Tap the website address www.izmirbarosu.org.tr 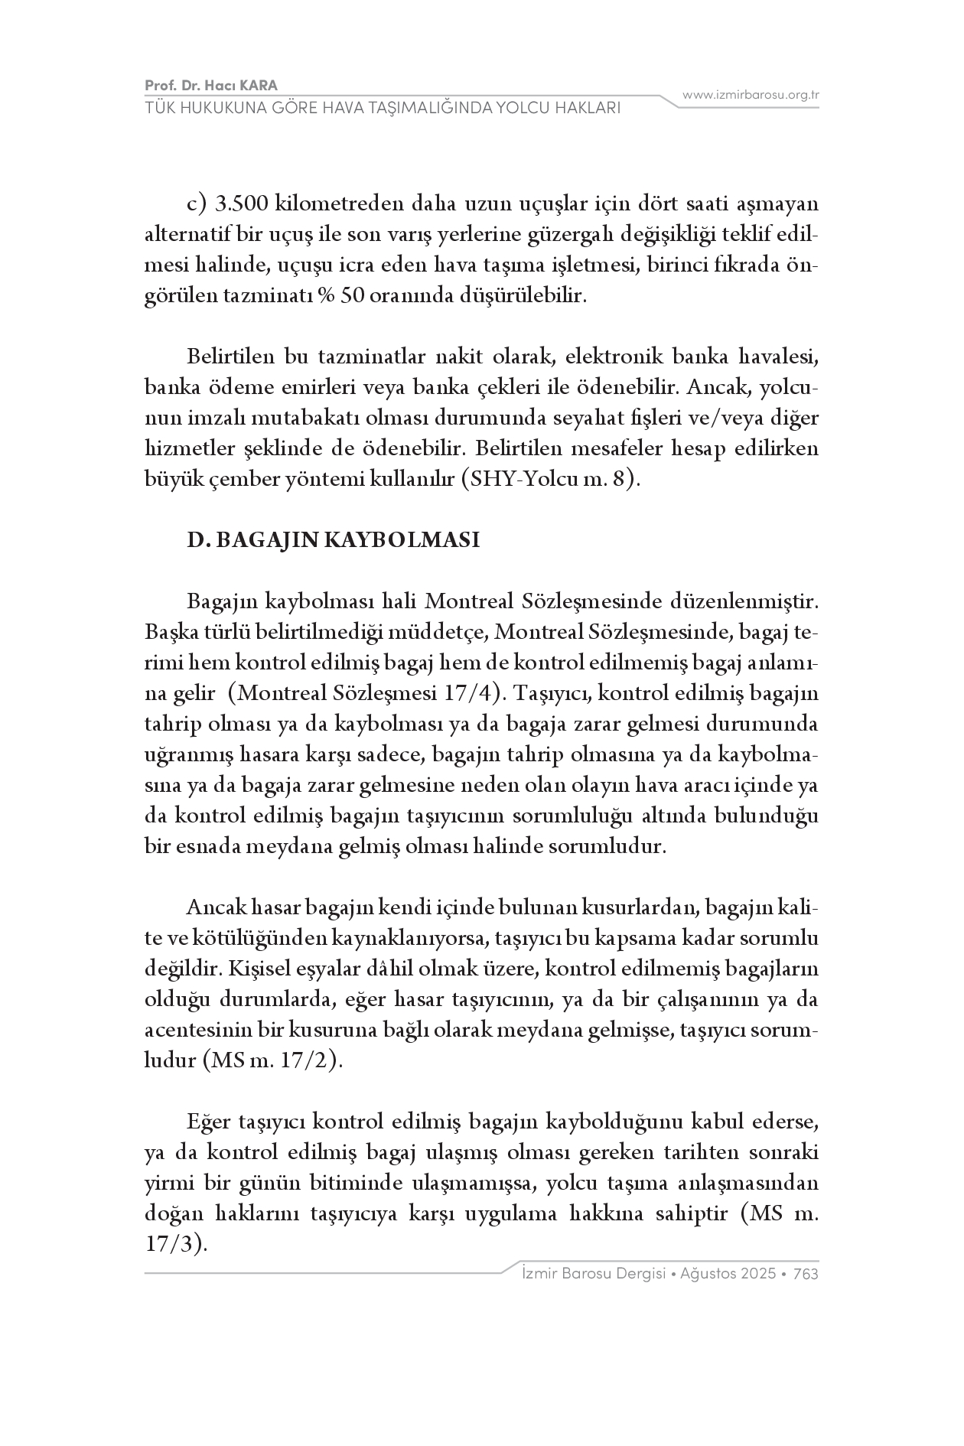pyautogui.click(x=751, y=95)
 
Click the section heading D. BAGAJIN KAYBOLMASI pyautogui.click(x=334, y=540)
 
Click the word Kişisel pyautogui.click(x=257, y=969)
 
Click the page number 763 pyautogui.click(x=806, y=1274)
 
